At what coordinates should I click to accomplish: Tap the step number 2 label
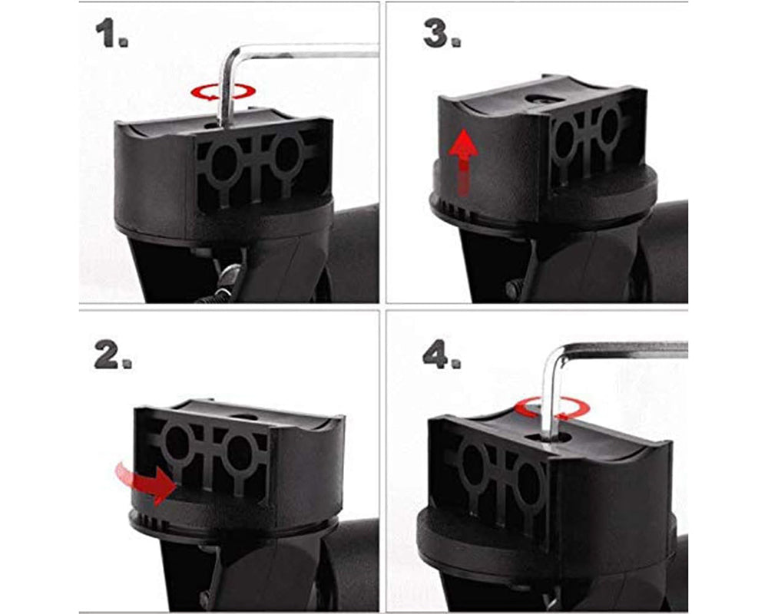(x=112, y=355)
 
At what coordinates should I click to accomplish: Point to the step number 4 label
(x=442, y=356)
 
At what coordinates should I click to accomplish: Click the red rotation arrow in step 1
(x=223, y=93)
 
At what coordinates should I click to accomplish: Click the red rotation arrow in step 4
(x=547, y=407)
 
